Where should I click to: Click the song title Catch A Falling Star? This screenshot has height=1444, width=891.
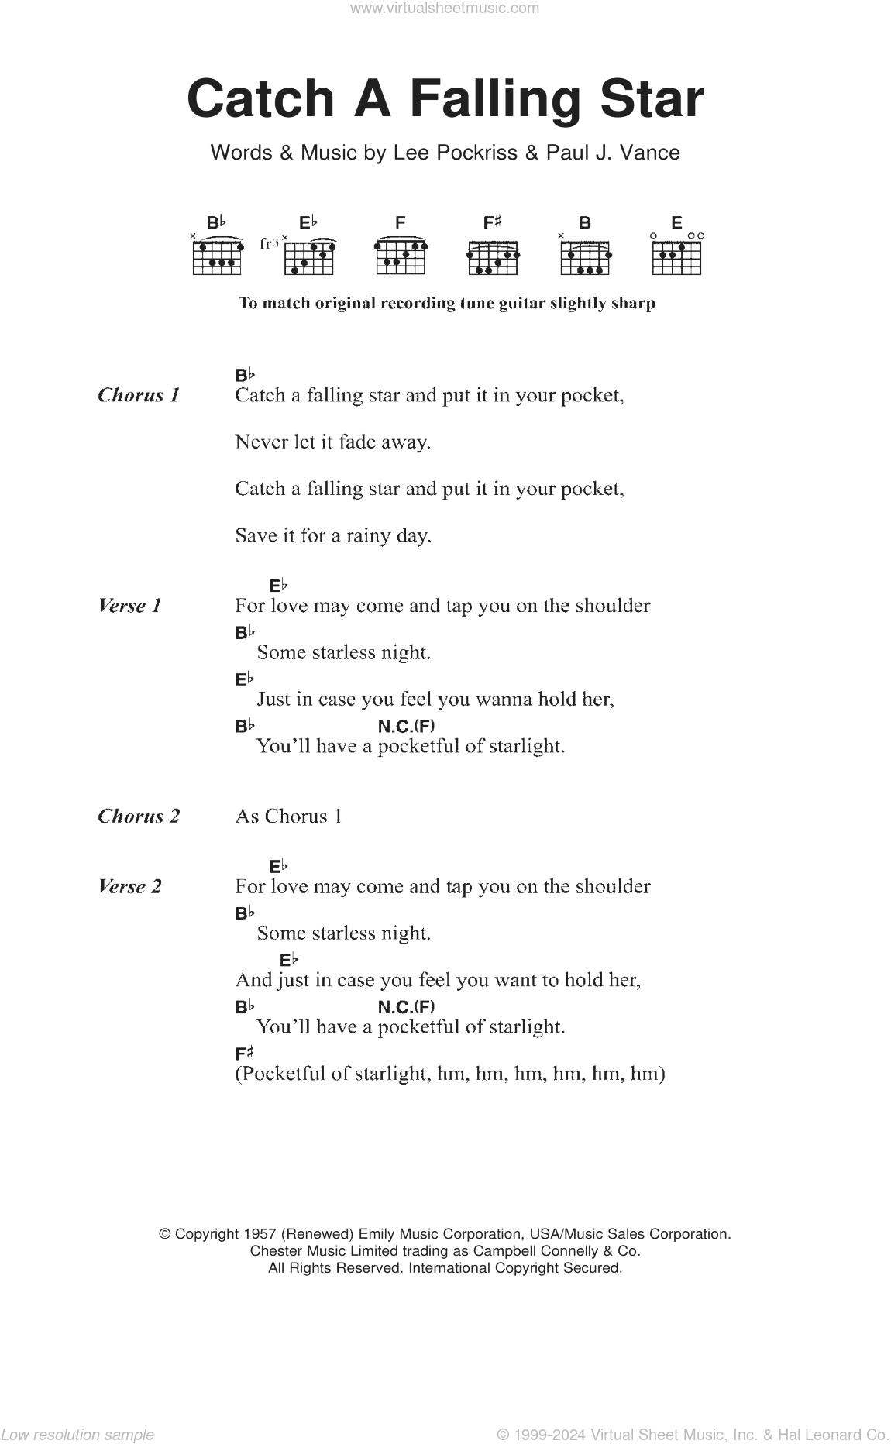coord(445,100)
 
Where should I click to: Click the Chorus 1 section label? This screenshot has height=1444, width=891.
coord(139,395)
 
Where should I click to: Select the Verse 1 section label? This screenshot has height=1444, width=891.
coord(129,606)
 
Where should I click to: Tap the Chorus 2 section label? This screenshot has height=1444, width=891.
coord(139,817)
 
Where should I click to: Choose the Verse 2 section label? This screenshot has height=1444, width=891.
coord(129,886)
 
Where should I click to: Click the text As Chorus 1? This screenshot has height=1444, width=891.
coord(288,817)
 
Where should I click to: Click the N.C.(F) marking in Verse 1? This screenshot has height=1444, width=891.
coord(406,726)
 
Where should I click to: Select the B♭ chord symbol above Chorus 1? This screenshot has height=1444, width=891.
coord(245,375)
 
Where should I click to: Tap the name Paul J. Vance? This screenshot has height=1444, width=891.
coord(612,153)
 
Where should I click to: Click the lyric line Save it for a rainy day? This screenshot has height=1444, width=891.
coord(333,535)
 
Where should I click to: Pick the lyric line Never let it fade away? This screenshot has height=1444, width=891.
coord(333,442)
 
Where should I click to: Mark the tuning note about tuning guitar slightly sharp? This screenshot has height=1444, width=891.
coord(446,303)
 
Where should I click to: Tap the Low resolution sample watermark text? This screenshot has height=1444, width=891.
coord(77,1434)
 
